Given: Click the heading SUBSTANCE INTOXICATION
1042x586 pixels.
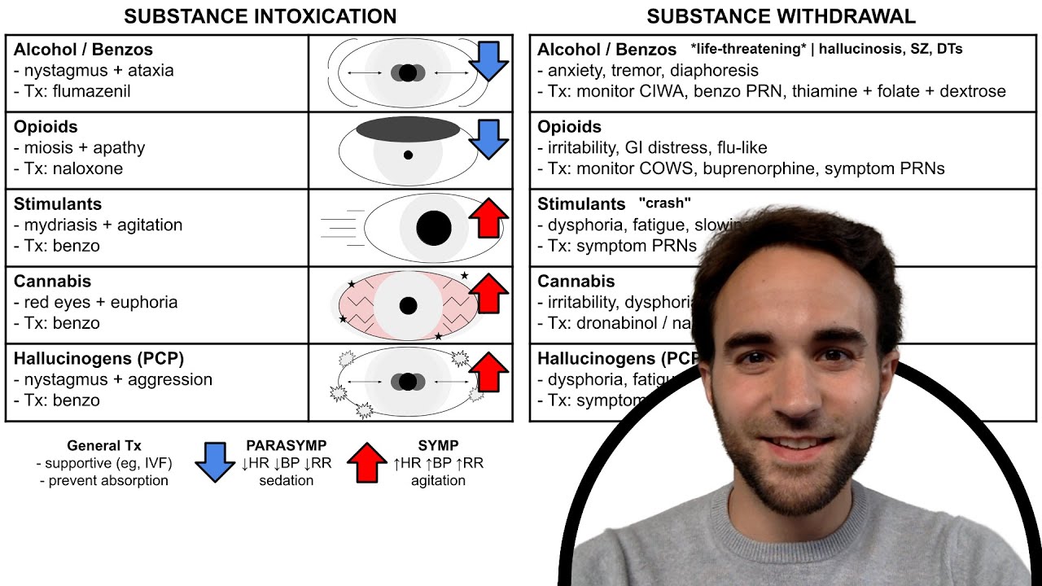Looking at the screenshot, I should click(x=260, y=16).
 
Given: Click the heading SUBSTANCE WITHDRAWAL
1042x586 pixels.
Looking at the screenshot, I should click(x=781, y=16).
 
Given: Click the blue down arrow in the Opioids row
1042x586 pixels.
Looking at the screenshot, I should click(x=489, y=139).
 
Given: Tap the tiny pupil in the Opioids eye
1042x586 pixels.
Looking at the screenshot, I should click(x=408, y=155).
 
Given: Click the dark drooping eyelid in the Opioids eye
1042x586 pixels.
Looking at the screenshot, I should click(x=408, y=129).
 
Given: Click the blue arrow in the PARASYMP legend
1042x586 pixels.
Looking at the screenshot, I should click(x=215, y=462).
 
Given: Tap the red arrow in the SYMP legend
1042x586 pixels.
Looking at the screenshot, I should click(x=367, y=462).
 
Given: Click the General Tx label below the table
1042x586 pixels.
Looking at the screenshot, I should click(x=104, y=445).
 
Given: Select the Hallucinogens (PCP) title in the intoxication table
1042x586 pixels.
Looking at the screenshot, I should click(x=99, y=359).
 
